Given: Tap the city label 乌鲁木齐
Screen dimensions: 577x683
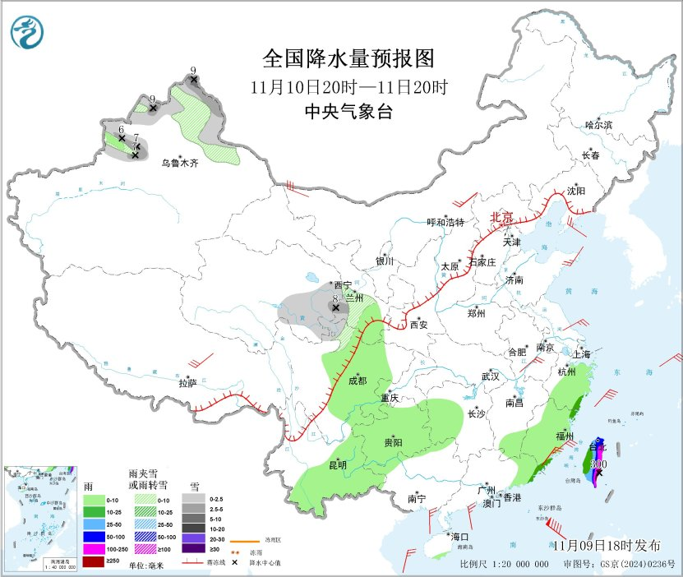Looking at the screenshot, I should (179, 164).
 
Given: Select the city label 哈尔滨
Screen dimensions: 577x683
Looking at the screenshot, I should (598, 125).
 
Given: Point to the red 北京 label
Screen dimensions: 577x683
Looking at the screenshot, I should (502, 218).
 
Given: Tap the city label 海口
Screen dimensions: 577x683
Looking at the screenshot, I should (459, 537).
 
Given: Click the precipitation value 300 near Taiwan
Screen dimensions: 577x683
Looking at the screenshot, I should (599, 464).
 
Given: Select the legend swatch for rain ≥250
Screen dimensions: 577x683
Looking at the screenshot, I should (95, 561).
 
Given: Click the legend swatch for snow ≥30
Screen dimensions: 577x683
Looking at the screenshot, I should (193, 549).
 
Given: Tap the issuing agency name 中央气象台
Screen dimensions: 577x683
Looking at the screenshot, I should (348, 112).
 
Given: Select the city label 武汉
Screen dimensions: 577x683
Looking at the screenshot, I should (491, 376).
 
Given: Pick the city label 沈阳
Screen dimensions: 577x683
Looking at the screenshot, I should (576, 190).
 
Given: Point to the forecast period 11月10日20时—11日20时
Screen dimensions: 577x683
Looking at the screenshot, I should (348, 86).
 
